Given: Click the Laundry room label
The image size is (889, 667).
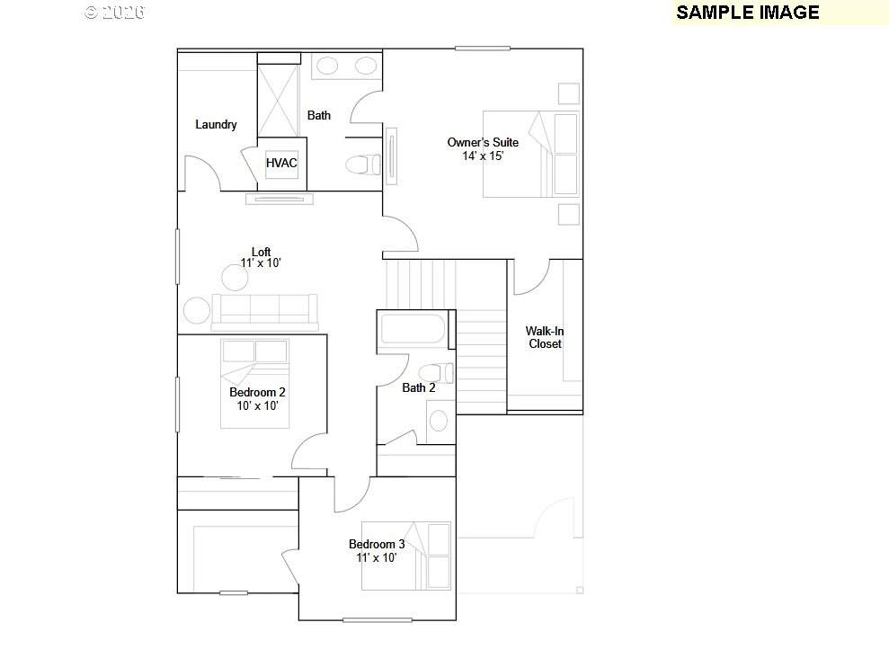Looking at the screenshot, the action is tap(216, 124).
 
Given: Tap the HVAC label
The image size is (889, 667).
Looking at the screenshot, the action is tap(281, 163).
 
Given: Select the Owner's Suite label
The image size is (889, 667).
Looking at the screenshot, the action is tap(483, 142).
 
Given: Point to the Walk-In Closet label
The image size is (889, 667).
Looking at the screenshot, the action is tap(545, 337).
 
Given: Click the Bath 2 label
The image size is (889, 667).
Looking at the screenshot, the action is tap(418, 388).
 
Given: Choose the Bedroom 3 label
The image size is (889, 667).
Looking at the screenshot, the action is tap(377, 544).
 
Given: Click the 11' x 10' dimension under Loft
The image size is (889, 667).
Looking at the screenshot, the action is tap(261, 263).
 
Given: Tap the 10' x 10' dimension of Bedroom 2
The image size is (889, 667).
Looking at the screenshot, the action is tap(257, 405).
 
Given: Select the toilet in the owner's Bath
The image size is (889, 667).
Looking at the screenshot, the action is tap(363, 165).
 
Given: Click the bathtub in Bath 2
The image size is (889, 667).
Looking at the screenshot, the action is tap(413, 329).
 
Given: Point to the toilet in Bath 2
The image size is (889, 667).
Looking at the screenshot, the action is tap(436, 373).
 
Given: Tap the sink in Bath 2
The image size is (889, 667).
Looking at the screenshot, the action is tap(440, 421).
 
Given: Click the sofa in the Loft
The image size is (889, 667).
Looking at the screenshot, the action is tap(265, 312).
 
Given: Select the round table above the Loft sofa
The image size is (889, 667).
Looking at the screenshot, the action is tap(235, 278).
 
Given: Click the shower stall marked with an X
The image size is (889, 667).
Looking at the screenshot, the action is tap(279, 101).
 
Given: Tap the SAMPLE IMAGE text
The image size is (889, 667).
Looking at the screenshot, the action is tap(748, 13).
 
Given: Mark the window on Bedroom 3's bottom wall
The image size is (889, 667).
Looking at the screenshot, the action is tap(378, 620).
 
